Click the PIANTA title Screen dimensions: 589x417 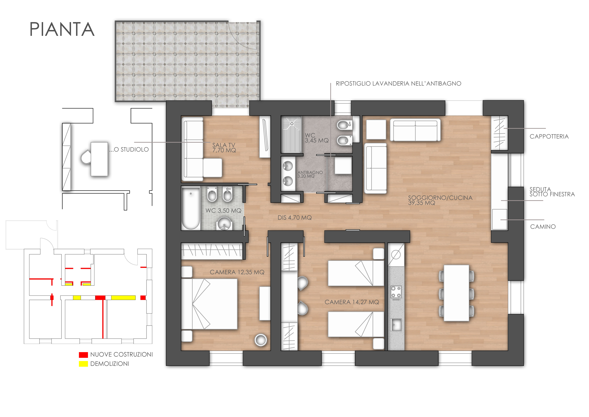click(x=62, y=29)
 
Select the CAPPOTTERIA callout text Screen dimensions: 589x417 click(x=549, y=136)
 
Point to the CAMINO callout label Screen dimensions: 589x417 click(x=543, y=227)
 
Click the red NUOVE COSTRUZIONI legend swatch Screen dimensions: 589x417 click(x=83, y=355)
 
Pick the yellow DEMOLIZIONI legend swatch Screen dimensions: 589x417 click(x=83, y=364)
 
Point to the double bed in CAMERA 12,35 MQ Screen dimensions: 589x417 click(x=209, y=304)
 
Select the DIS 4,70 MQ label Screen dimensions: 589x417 click(x=295, y=218)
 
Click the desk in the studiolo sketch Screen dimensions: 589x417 click(x=99, y=159)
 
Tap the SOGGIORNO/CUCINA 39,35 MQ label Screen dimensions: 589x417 click(x=440, y=200)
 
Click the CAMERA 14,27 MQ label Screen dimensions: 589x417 click(x=352, y=302)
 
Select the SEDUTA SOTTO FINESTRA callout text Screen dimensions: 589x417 click(x=552, y=192)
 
